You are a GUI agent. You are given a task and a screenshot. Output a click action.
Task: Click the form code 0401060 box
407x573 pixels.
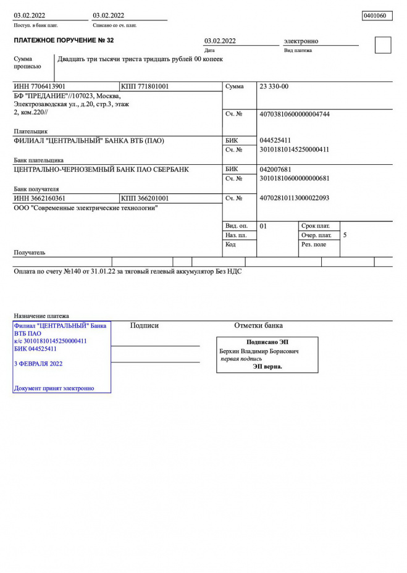[x=377, y=16]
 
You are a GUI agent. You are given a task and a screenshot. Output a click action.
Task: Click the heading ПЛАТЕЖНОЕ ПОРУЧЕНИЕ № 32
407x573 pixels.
[x=64, y=41]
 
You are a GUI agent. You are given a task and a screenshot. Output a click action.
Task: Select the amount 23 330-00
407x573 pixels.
[x=274, y=87]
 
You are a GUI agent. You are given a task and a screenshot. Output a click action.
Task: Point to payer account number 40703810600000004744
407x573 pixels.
[x=295, y=114]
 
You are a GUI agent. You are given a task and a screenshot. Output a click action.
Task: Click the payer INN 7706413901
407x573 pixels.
[x=40, y=87]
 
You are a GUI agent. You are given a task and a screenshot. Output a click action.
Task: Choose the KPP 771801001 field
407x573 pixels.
[x=145, y=87]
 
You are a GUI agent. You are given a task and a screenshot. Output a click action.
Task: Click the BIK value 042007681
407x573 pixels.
[x=275, y=169]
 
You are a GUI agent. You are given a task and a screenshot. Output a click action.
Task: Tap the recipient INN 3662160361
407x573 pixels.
[x=40, y=199]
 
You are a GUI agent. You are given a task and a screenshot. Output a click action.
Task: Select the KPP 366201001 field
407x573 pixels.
[x=145, y=199]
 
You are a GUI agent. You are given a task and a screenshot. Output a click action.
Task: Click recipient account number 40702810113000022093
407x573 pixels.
[x=295, y=198]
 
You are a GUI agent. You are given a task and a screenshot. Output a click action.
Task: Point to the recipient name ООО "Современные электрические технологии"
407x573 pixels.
[x=85, y=209]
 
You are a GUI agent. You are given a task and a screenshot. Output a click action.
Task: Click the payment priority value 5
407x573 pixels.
[x=345, y=235]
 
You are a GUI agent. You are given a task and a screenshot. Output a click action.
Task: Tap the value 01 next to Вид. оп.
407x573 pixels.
[x=264, y=226]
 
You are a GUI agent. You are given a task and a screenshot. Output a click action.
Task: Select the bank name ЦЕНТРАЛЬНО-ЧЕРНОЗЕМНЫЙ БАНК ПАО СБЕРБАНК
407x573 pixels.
[x=101, y=169]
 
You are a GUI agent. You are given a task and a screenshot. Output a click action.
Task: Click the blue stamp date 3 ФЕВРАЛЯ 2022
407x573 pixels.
[x=38, y=364]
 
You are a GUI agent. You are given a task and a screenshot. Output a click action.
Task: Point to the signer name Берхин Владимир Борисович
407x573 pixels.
[x=259, y=351]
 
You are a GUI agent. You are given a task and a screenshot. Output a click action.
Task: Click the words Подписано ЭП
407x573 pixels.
[x=267, y=342]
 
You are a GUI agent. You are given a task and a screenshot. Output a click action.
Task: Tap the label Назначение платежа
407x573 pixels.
[x=41, y=316]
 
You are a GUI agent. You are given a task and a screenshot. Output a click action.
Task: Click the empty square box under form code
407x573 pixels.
[x=383, y=45]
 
